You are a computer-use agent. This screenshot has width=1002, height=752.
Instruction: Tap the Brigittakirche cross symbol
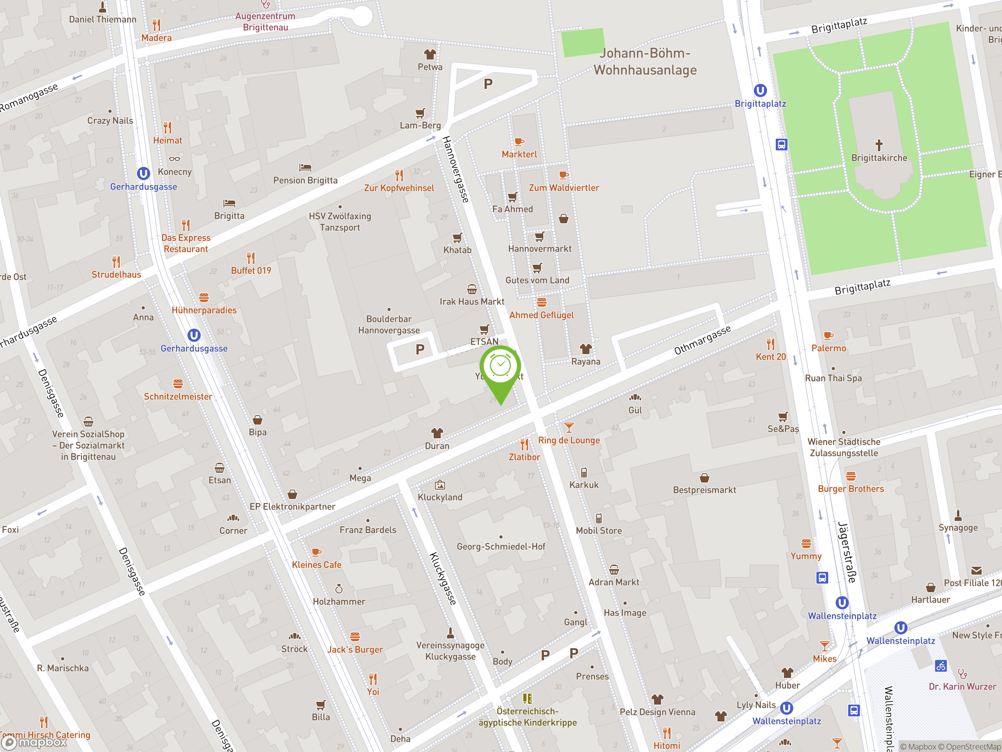click(x=879, y=145)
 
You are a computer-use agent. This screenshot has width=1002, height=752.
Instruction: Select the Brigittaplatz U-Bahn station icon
click(x=760, y=90)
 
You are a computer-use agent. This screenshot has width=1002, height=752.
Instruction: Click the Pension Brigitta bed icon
click(x=305, y=168)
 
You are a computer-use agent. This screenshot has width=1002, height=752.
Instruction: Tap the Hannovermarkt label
click(x=539, y=248)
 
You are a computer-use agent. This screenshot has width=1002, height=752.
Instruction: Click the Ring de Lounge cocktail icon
click(x=568, y=427)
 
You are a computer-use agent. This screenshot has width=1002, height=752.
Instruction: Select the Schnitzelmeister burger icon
click(x=178, y=383)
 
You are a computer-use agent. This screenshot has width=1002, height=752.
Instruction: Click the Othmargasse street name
click(x=702, y=340)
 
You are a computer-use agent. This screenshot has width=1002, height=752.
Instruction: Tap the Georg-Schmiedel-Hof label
click(x=501, y=546)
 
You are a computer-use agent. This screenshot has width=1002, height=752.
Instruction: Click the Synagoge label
click(x=958, y=527)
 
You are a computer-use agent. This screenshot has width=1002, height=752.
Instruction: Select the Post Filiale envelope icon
click(x=976, y=570)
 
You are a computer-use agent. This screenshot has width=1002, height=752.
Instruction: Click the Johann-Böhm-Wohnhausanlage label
click(x=645, y=61)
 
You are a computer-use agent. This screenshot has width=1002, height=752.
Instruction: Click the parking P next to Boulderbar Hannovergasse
click(x=420, y=349)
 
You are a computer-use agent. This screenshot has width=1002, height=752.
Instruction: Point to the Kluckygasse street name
click(x=443, y=578)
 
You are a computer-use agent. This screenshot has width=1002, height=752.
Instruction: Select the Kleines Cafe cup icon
click(x=316, y=552)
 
